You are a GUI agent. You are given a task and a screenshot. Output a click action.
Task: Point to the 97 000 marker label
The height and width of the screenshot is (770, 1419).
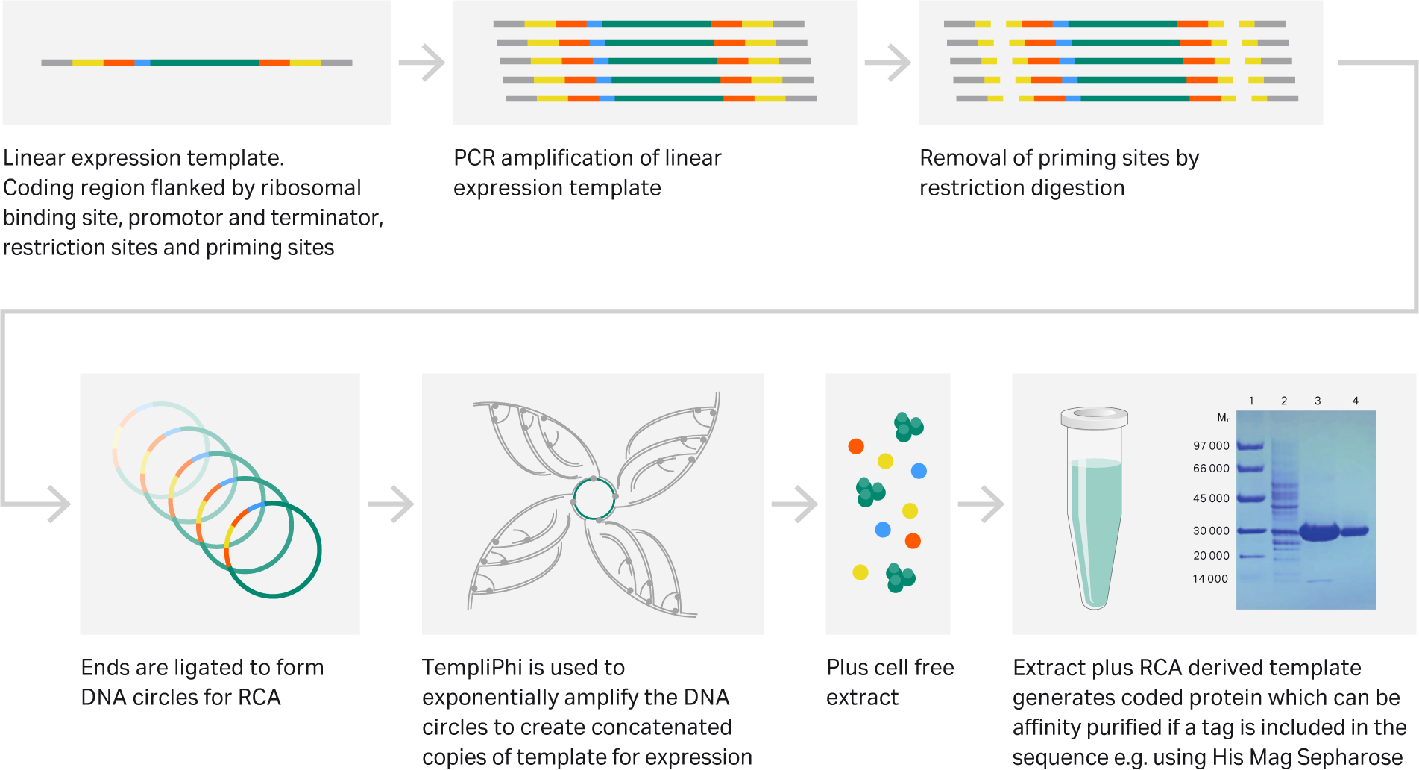click(x=1211, y=446)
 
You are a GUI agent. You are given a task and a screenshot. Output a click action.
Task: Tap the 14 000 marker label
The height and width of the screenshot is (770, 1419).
click(x=1209, y=579)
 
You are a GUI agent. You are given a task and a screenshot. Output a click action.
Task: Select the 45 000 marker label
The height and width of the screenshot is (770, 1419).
click(x=1211, y=498)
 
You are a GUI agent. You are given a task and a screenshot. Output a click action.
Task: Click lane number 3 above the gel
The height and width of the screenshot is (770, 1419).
click(x=1318, y=401)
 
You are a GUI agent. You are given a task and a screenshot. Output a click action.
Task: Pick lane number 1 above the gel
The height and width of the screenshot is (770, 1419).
click(x=1251, y=401)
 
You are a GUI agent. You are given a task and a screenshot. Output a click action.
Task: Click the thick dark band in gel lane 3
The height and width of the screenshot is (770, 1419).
click(x=1319, y=532)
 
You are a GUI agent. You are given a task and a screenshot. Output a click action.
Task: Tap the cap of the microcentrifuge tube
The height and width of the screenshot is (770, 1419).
click(x=1094, y=417)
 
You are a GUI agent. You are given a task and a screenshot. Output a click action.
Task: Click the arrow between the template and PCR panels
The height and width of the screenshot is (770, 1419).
click(x=422, y=63)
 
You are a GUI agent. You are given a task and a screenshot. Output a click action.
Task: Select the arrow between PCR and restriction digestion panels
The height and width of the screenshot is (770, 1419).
click(x=888, y=63)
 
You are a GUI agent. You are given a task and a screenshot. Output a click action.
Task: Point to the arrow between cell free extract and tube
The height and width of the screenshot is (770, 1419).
click(x=981, y=504)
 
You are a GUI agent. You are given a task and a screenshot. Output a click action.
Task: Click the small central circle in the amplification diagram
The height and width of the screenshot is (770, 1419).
click(x=594, y=499)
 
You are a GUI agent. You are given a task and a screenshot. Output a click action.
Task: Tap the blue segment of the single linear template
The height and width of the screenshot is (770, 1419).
click(x=142, y=63)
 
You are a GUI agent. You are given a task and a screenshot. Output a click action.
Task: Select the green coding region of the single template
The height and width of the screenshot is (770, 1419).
click(x=204, y=63)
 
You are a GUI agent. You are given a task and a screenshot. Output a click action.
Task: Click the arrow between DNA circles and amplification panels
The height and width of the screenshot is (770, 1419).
click(x=391, y=504)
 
